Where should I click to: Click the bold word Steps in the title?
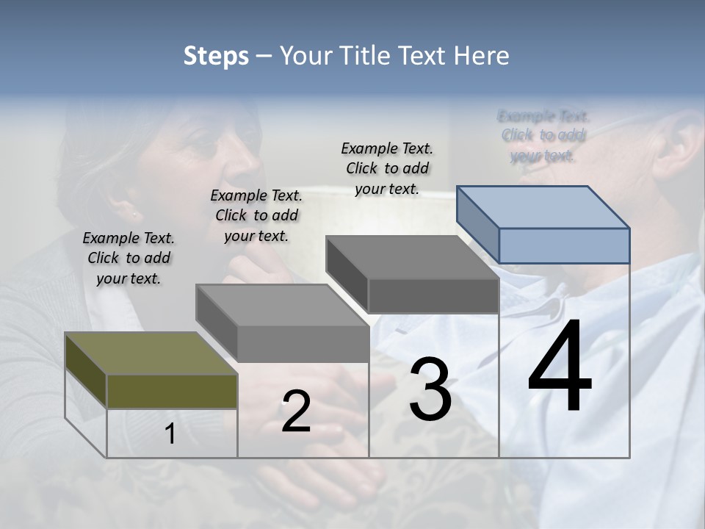pyautogui.click(x=216, y=56)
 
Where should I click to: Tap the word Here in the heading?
pyautogui.click(x=481, y=56)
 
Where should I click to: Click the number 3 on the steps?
pyautogui.click(x=430, y=389)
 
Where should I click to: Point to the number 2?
pyautogui.click(x=296, y=412)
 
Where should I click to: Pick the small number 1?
pyautogui.click(x=170, y=434)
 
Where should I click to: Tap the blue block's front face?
pyautogui.click(x=564, y=245)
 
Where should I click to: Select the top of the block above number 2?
pyautogui.click(x=283, y=305)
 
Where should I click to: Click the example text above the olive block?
pyautogui.click(x=129, y=258)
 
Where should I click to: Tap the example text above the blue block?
pyautogui.click(x=543, y=135)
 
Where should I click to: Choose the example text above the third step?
pyautogui.click(x=387, y=168)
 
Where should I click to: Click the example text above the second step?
pyautogui.click(x=256, y=215)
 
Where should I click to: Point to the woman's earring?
pyautogui.click(x=134, y=215)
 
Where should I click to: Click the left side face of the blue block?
pyautogui.click(x=478, y=223)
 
